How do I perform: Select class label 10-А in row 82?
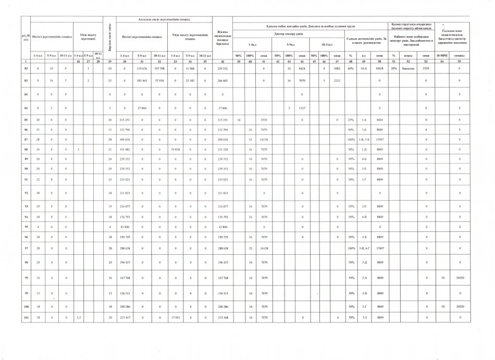(365, 68)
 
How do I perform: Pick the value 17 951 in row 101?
(179, 317)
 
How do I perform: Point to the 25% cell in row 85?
(351, 119)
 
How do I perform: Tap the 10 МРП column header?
(442, 55)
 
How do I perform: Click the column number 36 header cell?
(222, 61)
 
